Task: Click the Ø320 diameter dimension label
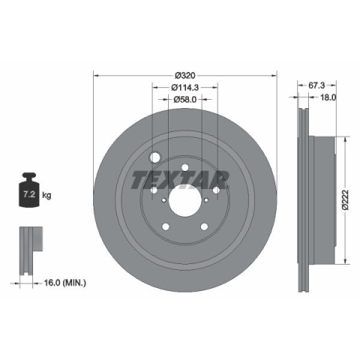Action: [185, 75]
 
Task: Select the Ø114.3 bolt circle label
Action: [185, 87]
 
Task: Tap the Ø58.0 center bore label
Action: [185, 99]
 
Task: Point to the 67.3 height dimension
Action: [316, 85]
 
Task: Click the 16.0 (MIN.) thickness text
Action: [65, 283]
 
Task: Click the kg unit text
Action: [46, 195]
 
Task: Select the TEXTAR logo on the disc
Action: [180, 180]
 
